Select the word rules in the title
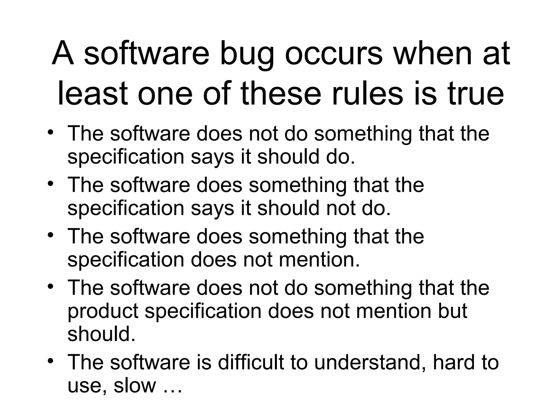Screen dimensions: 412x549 [368, 94]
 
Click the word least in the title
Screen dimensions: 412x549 [92, 94]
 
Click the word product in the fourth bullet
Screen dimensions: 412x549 [103, 311]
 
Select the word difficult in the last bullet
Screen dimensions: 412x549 [251, 362]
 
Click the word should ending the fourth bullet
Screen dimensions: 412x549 [101, 334]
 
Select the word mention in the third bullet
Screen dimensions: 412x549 [319, 260]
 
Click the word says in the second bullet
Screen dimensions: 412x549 [212, 209]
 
